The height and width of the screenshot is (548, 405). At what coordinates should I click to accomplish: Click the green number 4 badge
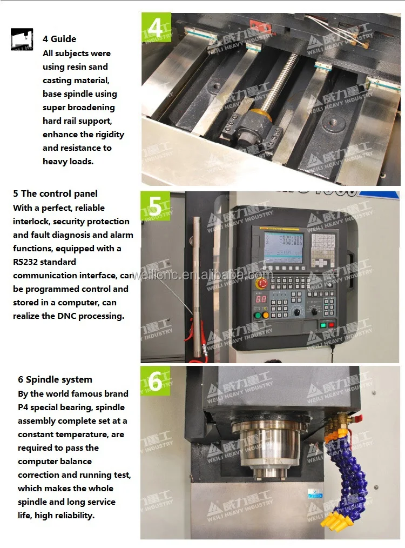click(156, 28)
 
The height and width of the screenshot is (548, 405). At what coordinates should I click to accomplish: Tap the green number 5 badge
click(155, 206)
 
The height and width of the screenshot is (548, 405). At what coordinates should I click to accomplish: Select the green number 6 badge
click(155, 381)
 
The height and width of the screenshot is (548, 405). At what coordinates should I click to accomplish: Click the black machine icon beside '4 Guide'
click(22, 39)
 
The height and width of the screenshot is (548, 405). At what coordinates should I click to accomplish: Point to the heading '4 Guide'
click(59, 39)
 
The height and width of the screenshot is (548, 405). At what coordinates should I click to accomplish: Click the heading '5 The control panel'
click(55, 193)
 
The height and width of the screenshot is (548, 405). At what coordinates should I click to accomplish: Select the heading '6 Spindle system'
click(55, 379)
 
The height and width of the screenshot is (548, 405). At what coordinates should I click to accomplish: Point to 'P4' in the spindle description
click(24, 407)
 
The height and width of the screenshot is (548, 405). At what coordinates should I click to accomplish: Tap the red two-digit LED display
click(261, 299)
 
